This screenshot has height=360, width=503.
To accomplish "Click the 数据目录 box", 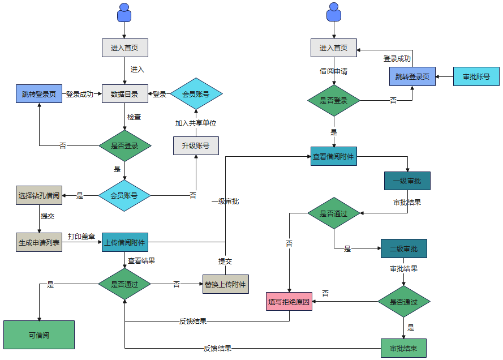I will (124, 94).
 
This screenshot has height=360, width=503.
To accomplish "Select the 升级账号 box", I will (196, 145).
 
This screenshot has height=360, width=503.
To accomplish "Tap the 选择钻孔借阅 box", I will (38, 195).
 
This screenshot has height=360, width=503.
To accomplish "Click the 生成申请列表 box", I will (38, 242).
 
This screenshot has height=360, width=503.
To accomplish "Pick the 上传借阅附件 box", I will (124, 242).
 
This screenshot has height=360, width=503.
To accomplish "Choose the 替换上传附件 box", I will (226, 284).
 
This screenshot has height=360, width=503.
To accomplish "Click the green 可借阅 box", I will (39, 335).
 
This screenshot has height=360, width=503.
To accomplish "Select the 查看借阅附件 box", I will (334, 156).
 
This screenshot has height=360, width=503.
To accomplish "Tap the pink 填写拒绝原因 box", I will (289, 302).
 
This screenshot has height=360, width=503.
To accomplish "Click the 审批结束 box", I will (403, 348).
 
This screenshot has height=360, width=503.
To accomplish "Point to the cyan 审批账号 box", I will (476, 76).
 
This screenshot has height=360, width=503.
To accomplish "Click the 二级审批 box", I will (403, 248).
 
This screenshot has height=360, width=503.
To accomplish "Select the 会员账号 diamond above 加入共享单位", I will (196, 94).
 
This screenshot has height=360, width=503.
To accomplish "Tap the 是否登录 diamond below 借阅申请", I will (334, 101).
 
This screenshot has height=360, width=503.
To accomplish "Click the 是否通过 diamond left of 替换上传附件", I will (124, 284).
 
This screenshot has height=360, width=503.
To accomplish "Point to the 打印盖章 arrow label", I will (81, 236).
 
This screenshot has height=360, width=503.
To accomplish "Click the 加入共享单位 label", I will (196, 123).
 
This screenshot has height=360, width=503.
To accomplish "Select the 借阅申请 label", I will (334, 71).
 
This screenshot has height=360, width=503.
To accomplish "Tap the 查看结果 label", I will (141, 261).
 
